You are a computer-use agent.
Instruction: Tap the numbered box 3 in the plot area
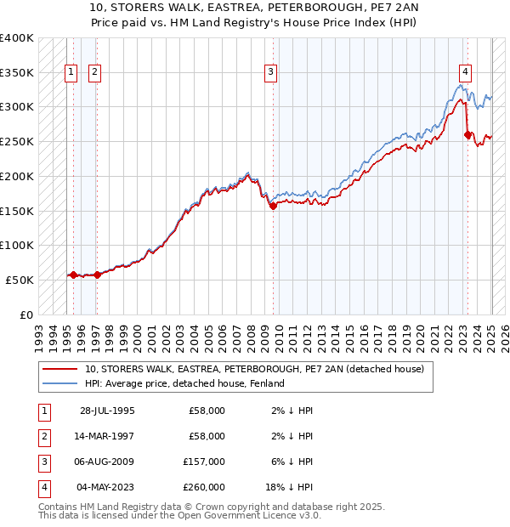[x=270, y=72]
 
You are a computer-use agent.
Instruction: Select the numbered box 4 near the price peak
[x=466, y=72]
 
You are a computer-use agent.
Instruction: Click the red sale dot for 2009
[x=273, y=205]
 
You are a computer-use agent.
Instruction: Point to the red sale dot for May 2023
[x=467, y=133]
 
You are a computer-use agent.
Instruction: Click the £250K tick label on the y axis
[x=17, y=141]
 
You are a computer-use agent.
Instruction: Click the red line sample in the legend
[x=61, y=369]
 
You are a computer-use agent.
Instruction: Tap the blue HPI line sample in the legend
[x=61, y=383]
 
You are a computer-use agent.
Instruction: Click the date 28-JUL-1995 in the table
[x=107, y=411]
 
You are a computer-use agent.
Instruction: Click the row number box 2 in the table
[x=42, y=436]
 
